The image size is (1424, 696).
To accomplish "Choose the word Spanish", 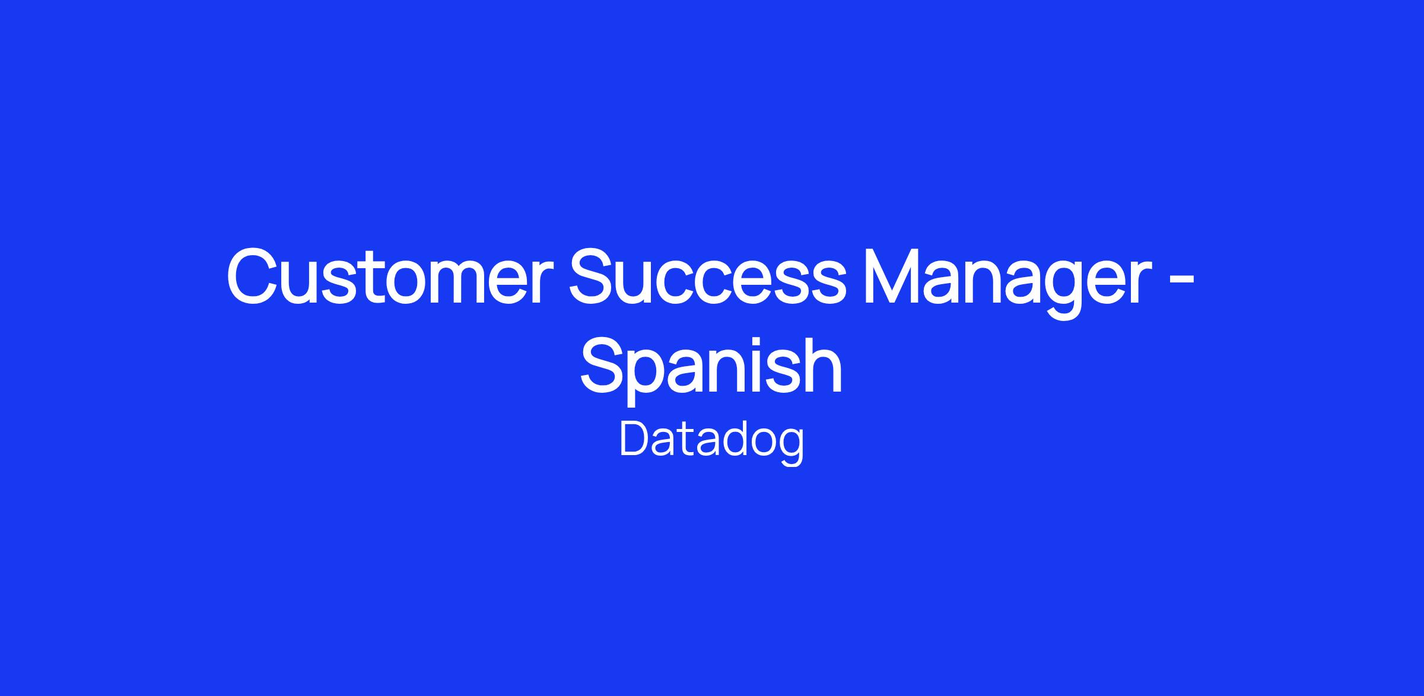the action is pyautogui.click(x=711, y=368).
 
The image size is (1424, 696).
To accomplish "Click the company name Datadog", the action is pyautogui.click(x=712, y=443).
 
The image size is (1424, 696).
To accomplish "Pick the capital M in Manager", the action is pyautogui.click(x=892, y=277).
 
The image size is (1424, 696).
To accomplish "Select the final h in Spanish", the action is pyautogui.click(x=822, y=364).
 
